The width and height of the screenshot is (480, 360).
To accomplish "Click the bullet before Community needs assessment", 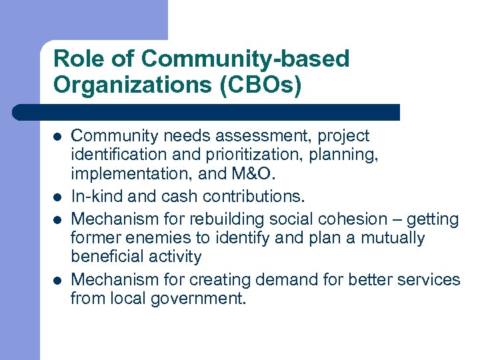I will (x=58, y=137).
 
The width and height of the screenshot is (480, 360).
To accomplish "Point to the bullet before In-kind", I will (x=58, y=197).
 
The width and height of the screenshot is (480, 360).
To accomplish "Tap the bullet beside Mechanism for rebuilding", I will (x=58, y=219).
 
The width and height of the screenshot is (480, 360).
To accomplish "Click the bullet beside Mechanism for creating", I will (x=58, y=279).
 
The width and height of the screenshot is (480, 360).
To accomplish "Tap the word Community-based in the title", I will (x=245, y=59).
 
